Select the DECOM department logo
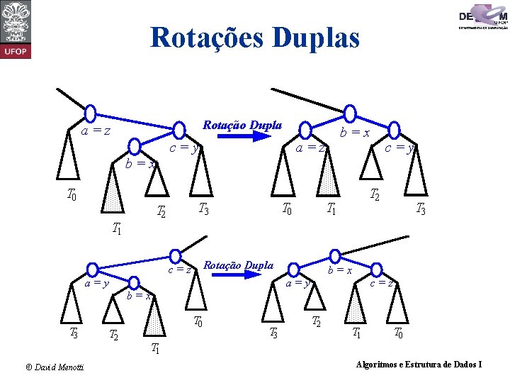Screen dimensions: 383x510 (484, 17)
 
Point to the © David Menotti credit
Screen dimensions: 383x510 (54, 366)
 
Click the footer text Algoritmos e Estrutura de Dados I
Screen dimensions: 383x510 (421, 365)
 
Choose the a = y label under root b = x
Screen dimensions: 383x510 (296, 284)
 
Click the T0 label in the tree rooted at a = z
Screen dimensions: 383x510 (72, 194)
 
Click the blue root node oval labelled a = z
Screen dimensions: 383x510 (90, 113)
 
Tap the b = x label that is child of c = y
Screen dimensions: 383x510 (140, 163)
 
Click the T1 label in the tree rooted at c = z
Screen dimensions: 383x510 (154, 348)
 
